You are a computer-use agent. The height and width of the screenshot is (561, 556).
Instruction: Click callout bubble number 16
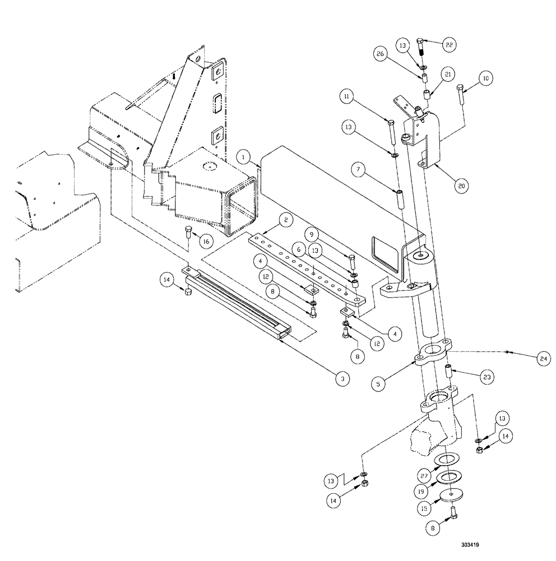(x=206, y=240)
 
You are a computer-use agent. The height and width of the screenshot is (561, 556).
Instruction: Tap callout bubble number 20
(x=460, y=186)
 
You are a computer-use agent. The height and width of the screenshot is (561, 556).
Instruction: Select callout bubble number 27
(x=424, y=475)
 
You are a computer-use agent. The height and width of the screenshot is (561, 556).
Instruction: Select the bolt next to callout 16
(x=189, y=232)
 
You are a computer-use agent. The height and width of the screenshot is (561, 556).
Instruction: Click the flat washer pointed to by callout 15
(x=451, y=496)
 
